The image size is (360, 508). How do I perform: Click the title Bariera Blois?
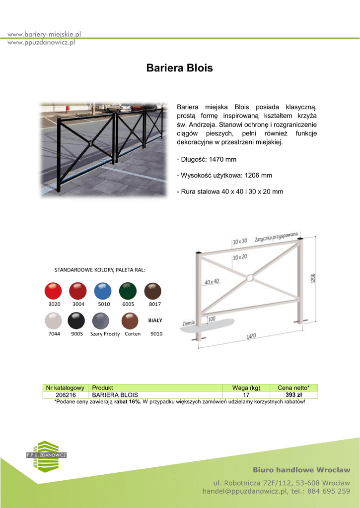coord(179,68)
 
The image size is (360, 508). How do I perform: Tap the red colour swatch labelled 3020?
coord(53,291)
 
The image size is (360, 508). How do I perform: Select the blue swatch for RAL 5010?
coord(103,291)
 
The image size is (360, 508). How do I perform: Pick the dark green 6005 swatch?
coord(128,291)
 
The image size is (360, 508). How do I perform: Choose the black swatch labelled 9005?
coord(77,320)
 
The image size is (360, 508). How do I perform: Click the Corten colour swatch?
coord(131,321)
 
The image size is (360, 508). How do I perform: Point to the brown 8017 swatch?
coord(153,291)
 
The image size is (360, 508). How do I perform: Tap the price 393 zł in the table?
coord(293,395)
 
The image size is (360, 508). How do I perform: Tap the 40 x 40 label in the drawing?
coord(211,282)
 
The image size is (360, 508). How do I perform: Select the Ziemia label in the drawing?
coord(188,323)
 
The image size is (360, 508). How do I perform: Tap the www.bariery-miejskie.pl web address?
coord(44,34)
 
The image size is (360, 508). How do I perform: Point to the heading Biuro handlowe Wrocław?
coord(301,469)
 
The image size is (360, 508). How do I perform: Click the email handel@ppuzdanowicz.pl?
coord(245,491)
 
